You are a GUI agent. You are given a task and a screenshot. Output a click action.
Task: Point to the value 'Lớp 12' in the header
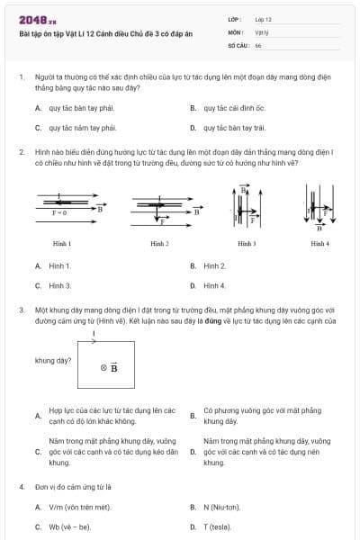click(x=263, y=19)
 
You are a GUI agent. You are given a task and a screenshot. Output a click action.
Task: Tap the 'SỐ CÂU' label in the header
click(x=238, y=44)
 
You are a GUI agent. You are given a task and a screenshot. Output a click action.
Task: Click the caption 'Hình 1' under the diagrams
click(x=62, y=244)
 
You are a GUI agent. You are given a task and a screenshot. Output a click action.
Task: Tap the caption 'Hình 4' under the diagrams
click(x=319, y=244)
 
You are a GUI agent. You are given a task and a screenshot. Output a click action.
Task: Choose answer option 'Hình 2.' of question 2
click(x=214, y=266)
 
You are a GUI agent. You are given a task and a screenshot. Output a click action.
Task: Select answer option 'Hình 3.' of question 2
click(x=60, y=286)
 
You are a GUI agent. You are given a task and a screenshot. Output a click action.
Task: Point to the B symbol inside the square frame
click(x=110, y=367)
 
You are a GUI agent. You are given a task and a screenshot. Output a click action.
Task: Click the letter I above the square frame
click(x=94, y=333)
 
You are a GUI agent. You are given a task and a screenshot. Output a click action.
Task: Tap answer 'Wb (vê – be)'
click(x=70, y=526)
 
